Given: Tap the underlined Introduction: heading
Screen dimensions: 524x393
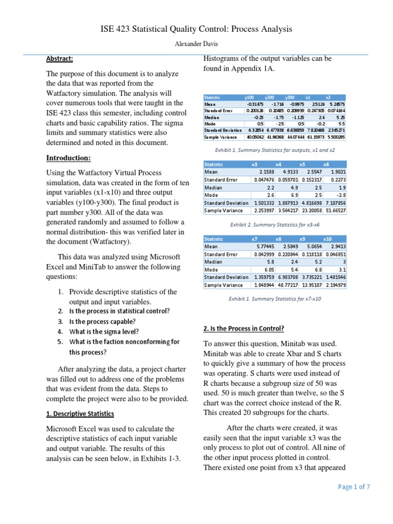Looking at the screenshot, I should pos(69,158).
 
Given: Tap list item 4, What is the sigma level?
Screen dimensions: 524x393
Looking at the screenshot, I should pos(104,332).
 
